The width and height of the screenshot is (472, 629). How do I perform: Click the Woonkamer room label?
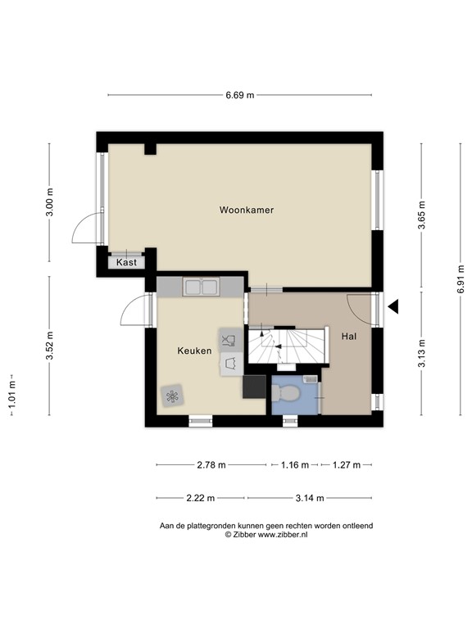coord(246,210)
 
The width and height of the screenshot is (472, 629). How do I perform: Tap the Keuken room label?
coord(194,351)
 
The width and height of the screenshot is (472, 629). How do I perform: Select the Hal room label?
coord(349,336)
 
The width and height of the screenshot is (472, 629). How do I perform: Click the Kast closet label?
coord(126,263)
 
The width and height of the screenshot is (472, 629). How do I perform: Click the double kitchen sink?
coord(201,287)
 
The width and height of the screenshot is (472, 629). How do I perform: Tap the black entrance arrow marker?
coord(393,307)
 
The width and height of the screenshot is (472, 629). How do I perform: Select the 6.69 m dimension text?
coord(240,95)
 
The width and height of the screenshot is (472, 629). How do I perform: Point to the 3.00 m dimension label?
coord(50,201)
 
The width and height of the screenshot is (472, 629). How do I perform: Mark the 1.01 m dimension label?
coord(11,396)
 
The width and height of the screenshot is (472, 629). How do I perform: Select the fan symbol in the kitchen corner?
coord(171,396)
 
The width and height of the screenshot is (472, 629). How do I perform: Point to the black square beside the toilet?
coord(254,386)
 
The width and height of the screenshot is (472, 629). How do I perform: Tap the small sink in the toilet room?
coord(309,379)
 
